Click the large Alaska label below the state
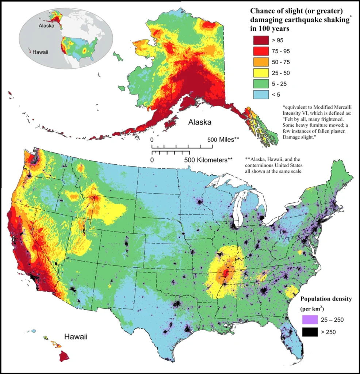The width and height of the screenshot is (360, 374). (200, 122)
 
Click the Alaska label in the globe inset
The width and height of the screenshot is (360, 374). (47, 26)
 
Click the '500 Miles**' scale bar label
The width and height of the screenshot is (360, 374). (223, 140)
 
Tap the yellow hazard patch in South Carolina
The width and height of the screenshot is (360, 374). (291, 292)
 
